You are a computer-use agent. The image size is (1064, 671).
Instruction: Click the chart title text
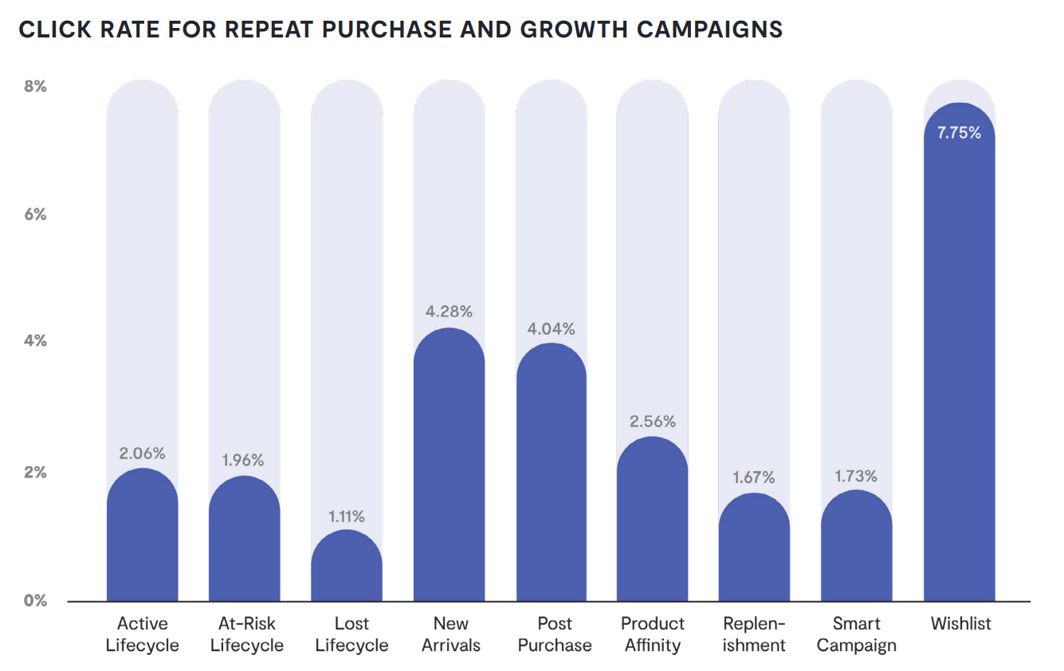(x=400, y=29)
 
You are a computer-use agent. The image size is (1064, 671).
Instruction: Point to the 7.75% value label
(x=959, y=133)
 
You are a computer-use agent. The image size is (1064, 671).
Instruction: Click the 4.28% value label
(x=449, y=312)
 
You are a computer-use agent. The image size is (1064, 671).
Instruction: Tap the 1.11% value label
(x=347, y=516)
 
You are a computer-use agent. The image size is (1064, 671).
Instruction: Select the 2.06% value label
(x=143, y=453)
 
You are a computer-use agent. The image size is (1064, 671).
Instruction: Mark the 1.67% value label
(x=754, y=477)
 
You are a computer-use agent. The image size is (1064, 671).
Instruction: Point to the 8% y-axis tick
(x=35, y=86)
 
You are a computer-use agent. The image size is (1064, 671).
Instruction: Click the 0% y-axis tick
(x=35, y=600)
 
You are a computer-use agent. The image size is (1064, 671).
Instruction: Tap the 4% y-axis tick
(x=35, y=341)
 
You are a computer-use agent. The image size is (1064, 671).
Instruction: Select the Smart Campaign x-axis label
(x=857, y=634)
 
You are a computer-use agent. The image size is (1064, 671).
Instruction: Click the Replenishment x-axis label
(x=754, y=634)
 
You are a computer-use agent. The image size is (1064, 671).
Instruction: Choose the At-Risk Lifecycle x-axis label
(x=247, y=634)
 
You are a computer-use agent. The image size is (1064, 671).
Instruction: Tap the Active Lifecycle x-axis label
(x=143, y=634)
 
